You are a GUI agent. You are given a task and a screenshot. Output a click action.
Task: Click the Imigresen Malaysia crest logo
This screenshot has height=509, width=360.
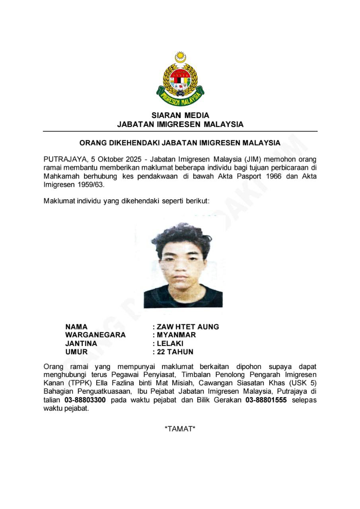(x=180, y=80)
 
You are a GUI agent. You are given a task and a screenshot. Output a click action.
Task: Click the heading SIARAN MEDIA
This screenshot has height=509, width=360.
(x=180, y=115)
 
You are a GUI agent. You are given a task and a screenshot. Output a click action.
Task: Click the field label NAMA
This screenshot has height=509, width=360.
(x=76, y=327)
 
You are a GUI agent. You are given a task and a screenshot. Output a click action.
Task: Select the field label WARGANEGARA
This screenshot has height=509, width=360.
(x=95, y=335)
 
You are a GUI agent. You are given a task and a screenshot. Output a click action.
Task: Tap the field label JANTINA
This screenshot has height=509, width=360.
(x=81, y=344)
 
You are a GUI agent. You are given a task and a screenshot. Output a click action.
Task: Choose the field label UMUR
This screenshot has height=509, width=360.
(x=76, y=352)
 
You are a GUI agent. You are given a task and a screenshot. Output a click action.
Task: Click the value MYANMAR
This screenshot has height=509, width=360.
(x=176, y=335)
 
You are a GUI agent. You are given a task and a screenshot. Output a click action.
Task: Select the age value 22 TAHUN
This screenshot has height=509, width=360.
(x=175, y=352)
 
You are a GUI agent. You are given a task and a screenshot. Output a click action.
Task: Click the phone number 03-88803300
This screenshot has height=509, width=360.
(x=85, y=400)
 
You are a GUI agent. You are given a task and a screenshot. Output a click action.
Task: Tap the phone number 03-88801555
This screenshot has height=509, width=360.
(x=266, y=400)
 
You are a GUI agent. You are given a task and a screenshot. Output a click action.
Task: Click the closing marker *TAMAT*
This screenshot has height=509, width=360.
(x=180, y=429)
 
